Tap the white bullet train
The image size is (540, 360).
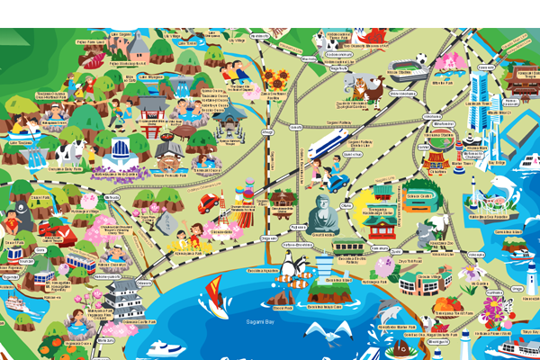[x=328, y=144]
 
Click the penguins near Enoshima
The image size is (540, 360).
[x=291, y=265]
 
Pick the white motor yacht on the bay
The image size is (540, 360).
[x=168, y=349]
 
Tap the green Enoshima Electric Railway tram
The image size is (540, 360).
[x=346, y=245]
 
